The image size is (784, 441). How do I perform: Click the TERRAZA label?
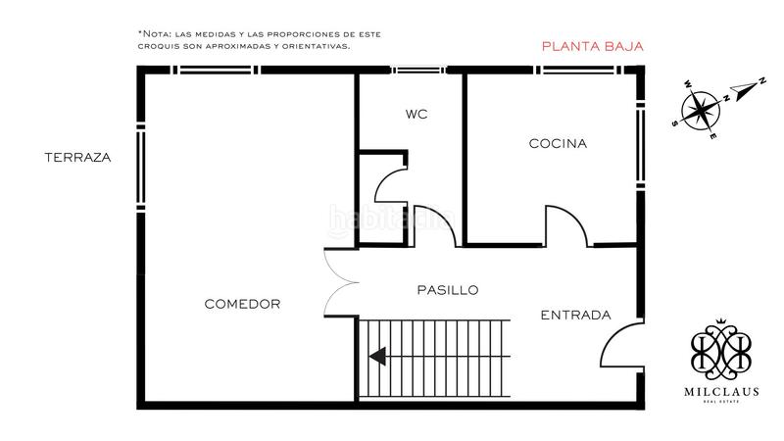(x=77, y=157)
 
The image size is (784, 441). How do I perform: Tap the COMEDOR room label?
(x=242, y=304)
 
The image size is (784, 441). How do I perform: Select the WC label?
(x=416, y=114)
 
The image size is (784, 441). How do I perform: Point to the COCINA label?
(x=558, y=143)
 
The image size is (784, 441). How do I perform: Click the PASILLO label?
(x=447, y=290)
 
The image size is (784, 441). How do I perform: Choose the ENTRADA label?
(x=575, y=315)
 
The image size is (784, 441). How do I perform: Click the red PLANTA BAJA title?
(x=591, y=46)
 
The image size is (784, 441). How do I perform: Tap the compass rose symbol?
(x=704, y=108)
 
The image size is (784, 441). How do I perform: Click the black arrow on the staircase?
(x=377, y=357)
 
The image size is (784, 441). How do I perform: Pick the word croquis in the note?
(x=162, y=46)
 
